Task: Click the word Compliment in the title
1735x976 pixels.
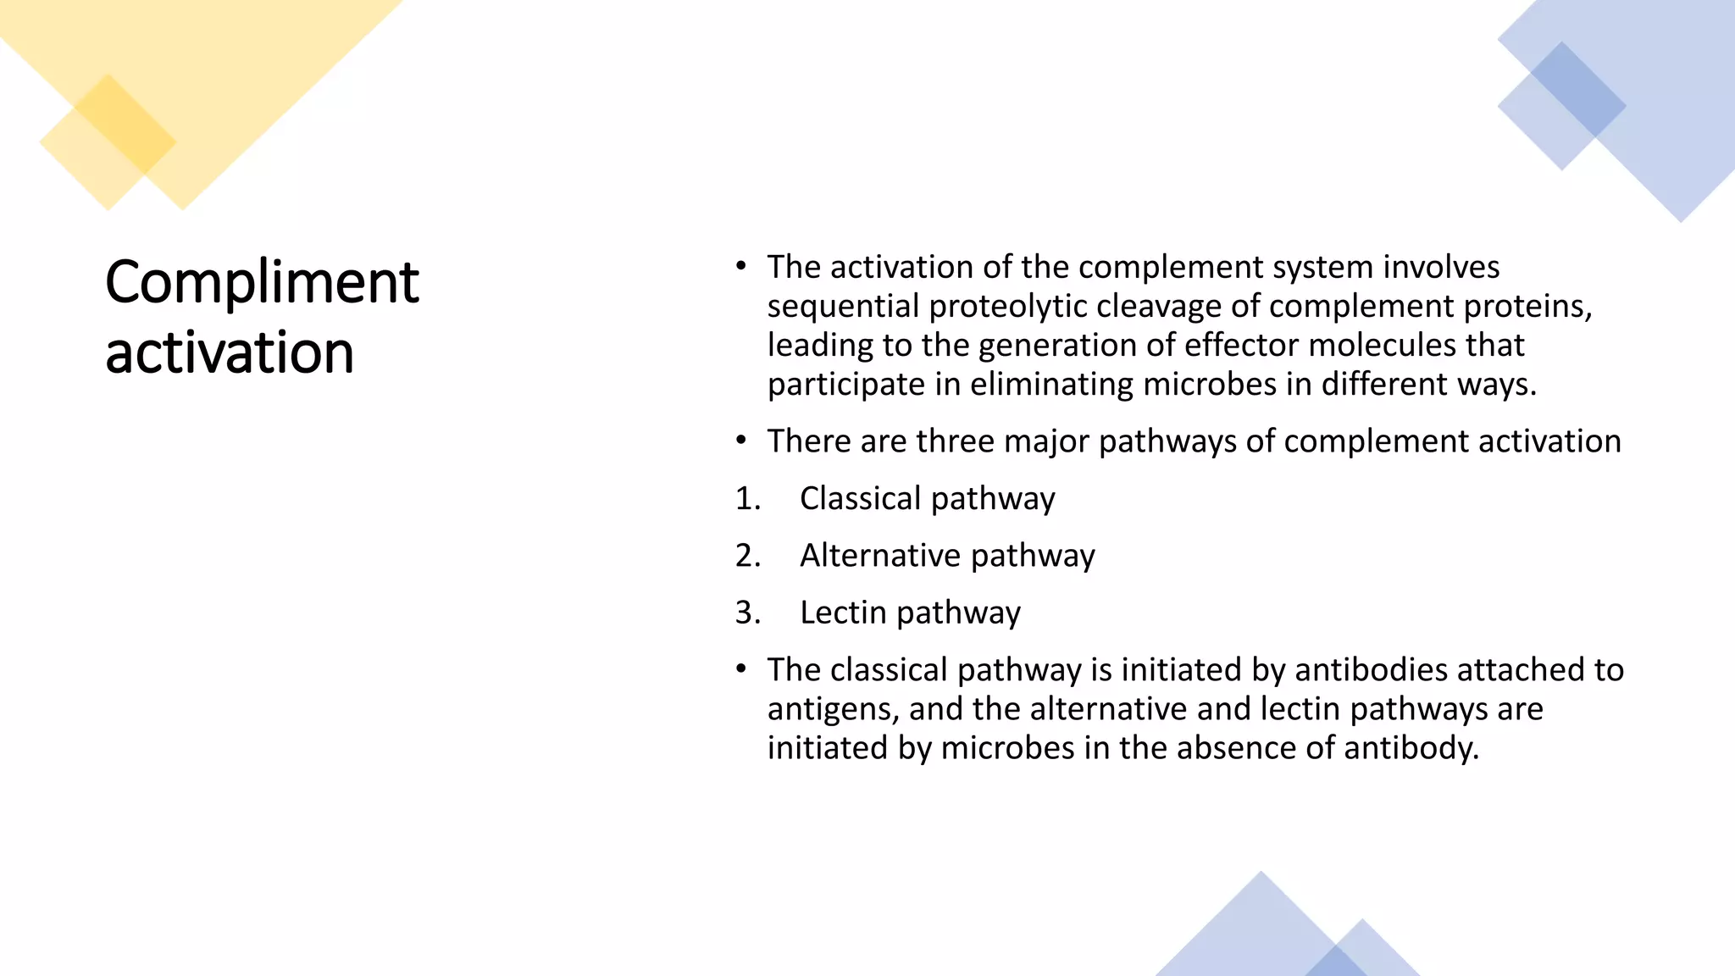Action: (x=262, y=282)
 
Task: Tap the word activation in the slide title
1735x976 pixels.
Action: (x=230, y=352)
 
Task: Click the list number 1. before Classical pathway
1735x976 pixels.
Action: (x=748, y=499)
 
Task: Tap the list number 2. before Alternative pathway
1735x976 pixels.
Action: (x=748, y=556)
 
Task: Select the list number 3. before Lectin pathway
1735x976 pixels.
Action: (x=748, y=613)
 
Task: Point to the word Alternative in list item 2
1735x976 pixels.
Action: (x=880, y=556)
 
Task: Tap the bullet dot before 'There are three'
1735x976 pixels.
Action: (x=741, y=441)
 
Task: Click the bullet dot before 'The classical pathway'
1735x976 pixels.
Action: (x=741, y=669)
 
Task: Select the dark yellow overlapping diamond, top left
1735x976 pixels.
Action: (x=125, y=124)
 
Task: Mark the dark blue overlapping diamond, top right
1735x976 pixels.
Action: (x=1578, y=90)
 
